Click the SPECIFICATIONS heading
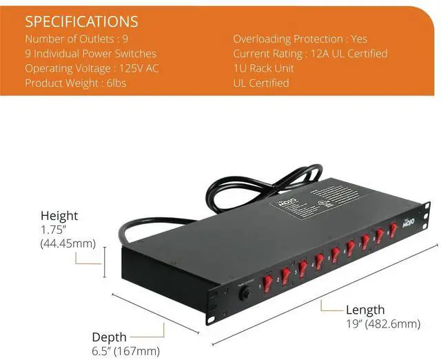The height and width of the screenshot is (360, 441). pyautogui.click(x=81, y=21)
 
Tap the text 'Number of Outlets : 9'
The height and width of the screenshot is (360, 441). pyautogui.click(x=76, y=39)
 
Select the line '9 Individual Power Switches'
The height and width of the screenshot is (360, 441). pyautogui.click(x=90, y=53)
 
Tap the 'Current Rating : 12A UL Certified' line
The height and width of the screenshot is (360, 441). pyautogui.click(x=310, y=53)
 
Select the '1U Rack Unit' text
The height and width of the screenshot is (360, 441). pyautogui.click(x=265, y=68)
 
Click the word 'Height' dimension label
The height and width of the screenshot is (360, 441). pyautogui.click(x=59, y=215)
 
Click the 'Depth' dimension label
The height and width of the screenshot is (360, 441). pyautogui.click(x=110, y=337)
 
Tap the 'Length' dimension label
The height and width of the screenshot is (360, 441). pyautogui.click(x=365, y=310)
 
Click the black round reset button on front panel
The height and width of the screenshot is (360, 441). pyautogui.click(x=243, y=294)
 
